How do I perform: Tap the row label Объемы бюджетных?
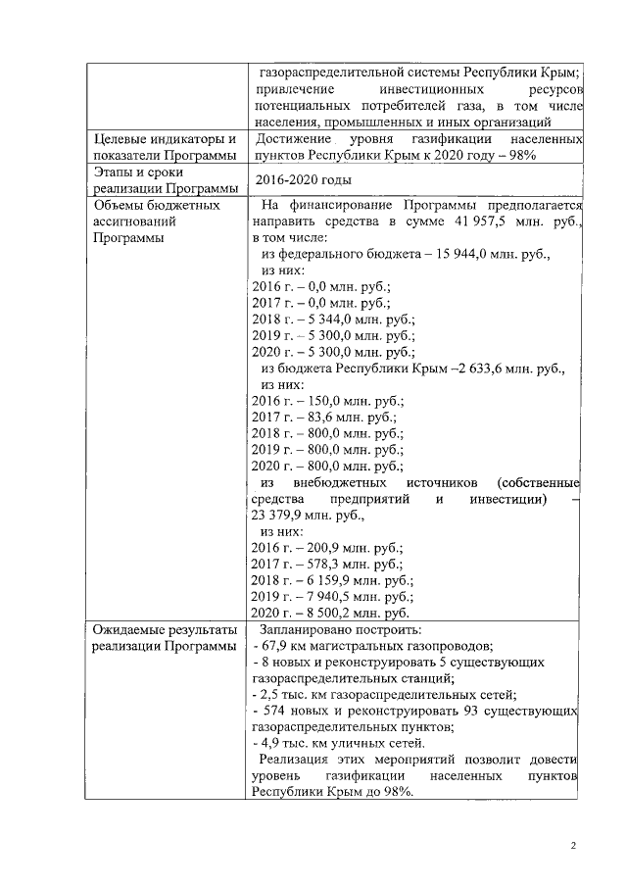coord(155,206)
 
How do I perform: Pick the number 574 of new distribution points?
coord(272,711)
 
